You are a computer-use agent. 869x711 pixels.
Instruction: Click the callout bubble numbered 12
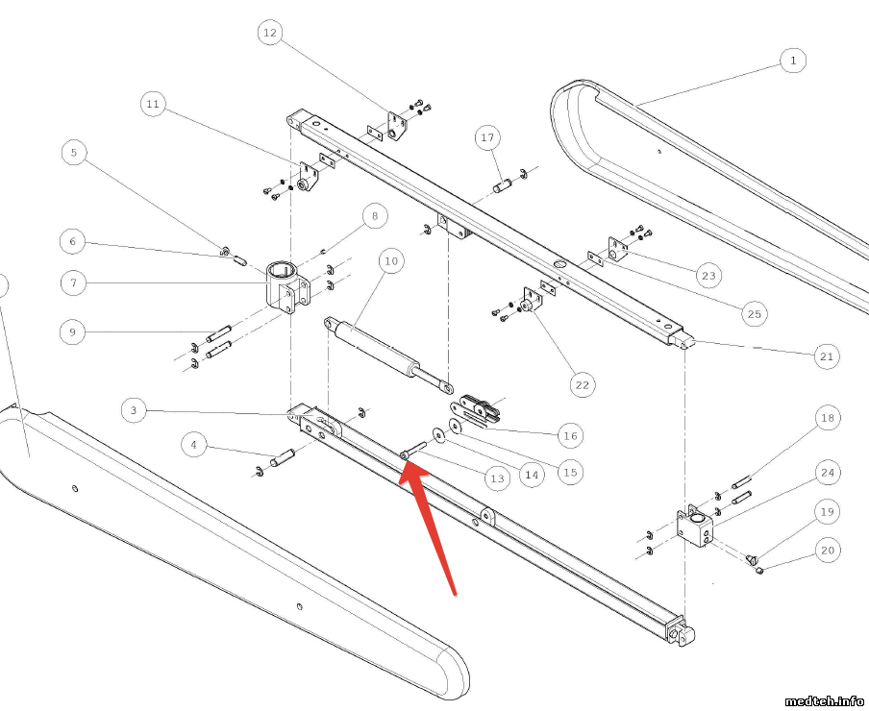[269, 34]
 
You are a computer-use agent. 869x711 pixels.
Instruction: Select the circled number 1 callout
[792, 61]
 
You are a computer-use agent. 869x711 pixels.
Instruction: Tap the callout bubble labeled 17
[487, 138]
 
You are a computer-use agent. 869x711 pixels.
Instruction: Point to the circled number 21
[826, 356]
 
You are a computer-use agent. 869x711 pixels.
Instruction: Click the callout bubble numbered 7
[73, 283]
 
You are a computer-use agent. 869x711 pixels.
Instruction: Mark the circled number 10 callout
[389, 260]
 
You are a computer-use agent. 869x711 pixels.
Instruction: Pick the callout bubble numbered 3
[135, 411]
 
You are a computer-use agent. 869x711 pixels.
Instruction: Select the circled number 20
[827, 551]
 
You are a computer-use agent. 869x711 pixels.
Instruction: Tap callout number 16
[571, 435]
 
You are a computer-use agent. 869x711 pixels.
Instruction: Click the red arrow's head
[405, 468]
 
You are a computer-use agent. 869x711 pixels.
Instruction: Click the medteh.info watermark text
[824, 700]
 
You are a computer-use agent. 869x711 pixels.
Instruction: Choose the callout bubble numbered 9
[73, 332]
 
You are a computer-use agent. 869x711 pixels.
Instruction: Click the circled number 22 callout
[581, 385]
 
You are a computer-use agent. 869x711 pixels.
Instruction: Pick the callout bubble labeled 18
[827, 418]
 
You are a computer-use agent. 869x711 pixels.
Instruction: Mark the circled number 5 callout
[73, 152]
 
